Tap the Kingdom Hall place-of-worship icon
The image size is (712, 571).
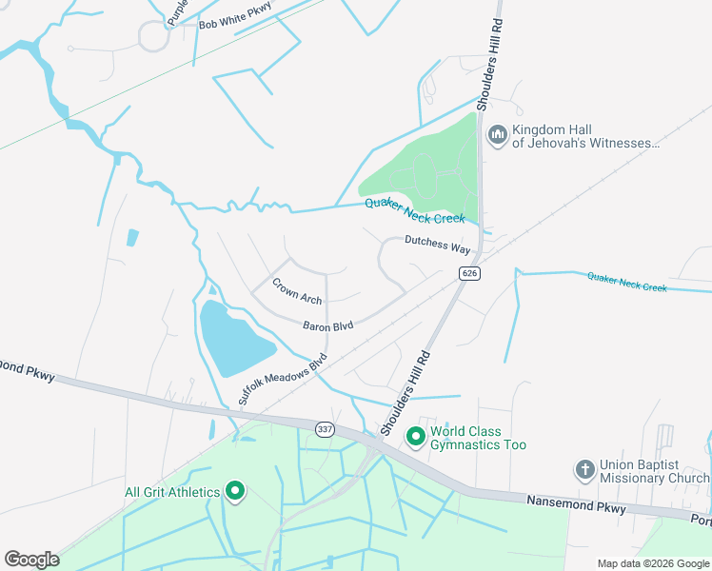497,135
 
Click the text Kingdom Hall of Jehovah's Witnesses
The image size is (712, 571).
585,136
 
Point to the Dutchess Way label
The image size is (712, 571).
438,245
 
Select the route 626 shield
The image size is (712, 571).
469,273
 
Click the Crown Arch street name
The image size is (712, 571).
297,290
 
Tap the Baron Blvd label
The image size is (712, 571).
328,325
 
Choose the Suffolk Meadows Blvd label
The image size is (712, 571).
283,380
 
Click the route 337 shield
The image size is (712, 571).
325,429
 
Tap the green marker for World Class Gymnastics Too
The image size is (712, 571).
416,437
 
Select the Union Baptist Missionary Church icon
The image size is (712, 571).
585,470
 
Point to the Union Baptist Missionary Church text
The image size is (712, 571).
652,470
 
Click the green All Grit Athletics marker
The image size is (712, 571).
235,491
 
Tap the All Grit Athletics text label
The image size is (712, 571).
172,492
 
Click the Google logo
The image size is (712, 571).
31,559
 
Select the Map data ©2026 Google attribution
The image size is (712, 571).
652,563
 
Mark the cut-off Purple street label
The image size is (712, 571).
178,11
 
